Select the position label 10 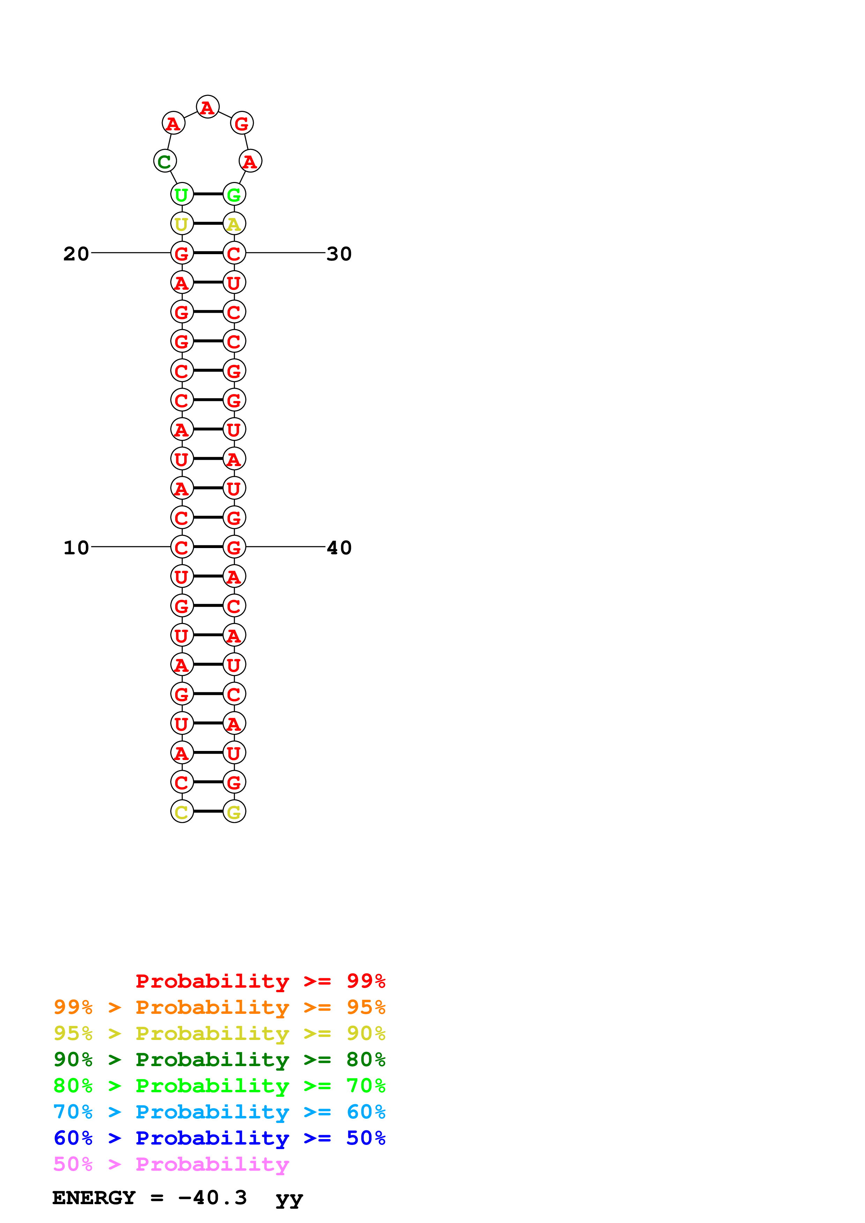(x=76, y=548)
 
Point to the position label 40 (x=339, y=548)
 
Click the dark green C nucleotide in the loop (x=165, y=161)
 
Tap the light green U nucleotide (x=182, y=195)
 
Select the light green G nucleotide (x=234, y=195)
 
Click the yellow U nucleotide (x=182, y=224)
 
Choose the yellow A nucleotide (x=234, y=224)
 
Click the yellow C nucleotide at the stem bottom (x=182, y=812)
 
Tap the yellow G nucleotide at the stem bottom (x=234, y=812)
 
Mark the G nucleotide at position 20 (x=182, y=253)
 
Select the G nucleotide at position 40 (x=234, y=547)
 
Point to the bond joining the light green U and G (x=208, y=194)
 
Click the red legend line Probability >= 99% (x=260, y=981)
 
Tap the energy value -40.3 (x=212, y=1198)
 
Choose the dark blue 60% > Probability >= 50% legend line (x=219, y=1138)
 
